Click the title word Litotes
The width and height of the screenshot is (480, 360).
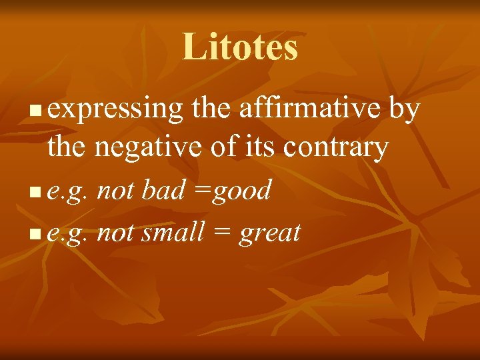240,47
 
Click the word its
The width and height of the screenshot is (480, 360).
261,147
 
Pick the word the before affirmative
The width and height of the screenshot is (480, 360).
208,109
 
